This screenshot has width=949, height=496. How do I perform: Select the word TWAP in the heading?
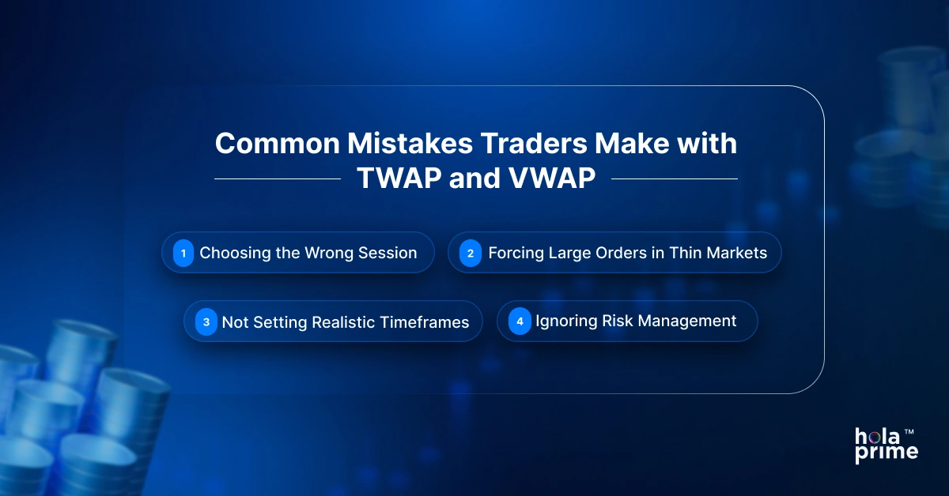click(x=398, y=179)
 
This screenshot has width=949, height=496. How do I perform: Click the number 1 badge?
click(x=183, y=254)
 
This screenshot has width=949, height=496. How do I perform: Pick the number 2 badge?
click(x=471, y=254)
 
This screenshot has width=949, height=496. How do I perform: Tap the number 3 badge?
click(x=206, y=322)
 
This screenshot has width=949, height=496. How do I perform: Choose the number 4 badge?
click(x=520, y=321)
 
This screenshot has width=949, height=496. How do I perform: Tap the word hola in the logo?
click(x=876, y=436)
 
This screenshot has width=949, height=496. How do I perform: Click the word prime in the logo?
click(x=887, y=453)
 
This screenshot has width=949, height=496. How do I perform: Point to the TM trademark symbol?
click(x=909, y=432)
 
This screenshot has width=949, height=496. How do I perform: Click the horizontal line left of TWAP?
click(x=277, y=179)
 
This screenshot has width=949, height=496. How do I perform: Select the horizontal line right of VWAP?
click(x=674, y=179)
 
